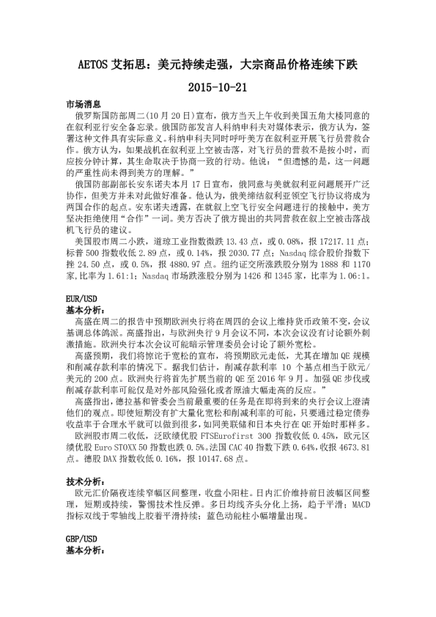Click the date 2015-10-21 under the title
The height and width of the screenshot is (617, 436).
coord(218,86)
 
